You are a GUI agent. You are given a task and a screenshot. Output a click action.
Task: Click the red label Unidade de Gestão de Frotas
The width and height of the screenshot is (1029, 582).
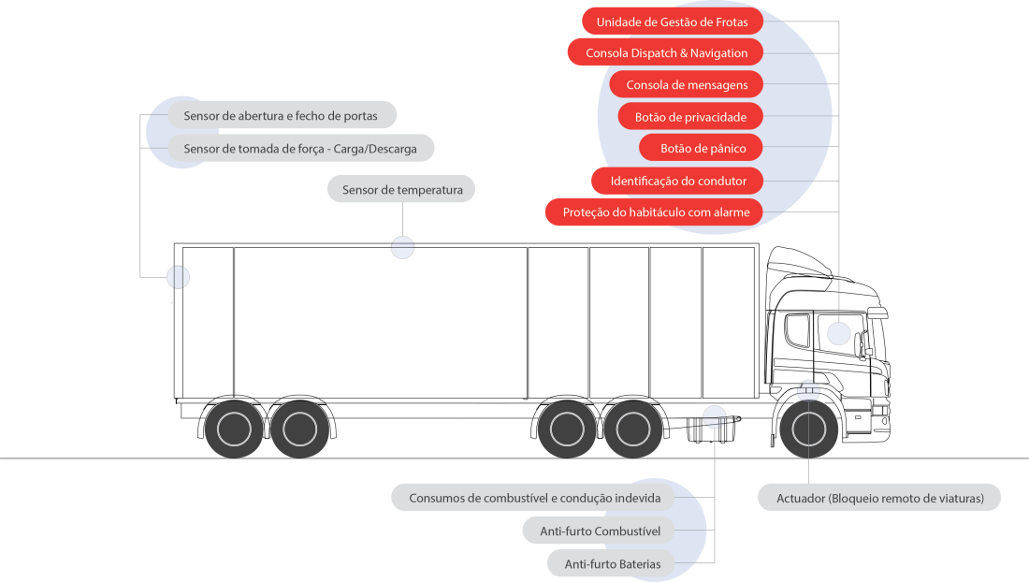pos(672,22)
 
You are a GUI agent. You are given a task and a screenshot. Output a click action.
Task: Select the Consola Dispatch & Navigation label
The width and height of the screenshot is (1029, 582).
pos(666,53)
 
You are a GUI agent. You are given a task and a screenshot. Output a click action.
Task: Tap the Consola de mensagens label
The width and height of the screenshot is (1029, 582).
pos(686,85)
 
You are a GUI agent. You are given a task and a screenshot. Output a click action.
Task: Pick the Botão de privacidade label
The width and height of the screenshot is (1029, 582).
pos(689,117)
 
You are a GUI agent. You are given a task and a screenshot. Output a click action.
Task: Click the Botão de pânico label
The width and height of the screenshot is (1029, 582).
pos(700,149)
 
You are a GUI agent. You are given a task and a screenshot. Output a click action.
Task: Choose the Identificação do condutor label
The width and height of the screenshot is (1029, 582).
pos(677,181)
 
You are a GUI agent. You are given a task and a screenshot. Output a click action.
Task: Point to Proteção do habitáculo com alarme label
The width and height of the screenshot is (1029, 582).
pos(655,212)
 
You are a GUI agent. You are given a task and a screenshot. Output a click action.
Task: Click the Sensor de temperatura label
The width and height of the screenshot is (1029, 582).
pos(401,190)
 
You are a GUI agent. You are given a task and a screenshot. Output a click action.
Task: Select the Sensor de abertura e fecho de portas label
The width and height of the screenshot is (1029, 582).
pos(282,116)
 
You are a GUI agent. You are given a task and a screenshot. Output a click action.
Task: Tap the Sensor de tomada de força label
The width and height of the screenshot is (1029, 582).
pos(299,149)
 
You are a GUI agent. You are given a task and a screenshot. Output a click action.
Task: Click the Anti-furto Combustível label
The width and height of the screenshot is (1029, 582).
pos(600,531)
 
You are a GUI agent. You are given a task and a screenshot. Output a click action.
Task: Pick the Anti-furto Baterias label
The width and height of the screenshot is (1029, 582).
pos(612,563)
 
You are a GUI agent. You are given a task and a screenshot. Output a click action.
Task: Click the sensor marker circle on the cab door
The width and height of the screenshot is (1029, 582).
pos(839,333)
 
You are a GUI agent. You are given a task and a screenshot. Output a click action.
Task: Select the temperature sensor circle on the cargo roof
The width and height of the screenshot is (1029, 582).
pos(402,248)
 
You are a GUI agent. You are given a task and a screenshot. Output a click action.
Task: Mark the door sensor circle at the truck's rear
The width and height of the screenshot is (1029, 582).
pos(178,277)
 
